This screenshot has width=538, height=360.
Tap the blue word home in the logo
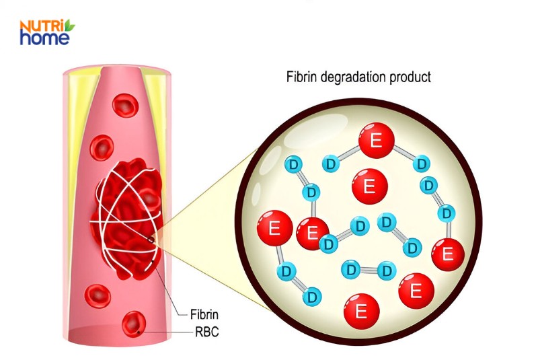[44, 38]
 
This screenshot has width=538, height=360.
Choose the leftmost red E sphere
[274, 229]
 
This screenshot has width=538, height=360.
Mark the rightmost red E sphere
[449, 254]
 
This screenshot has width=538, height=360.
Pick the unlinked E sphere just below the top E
[369, 184]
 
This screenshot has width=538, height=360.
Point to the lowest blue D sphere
[311, 296]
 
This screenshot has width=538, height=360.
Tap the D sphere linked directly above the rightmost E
[445, 213]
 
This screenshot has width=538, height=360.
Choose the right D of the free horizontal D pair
[385, 271]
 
